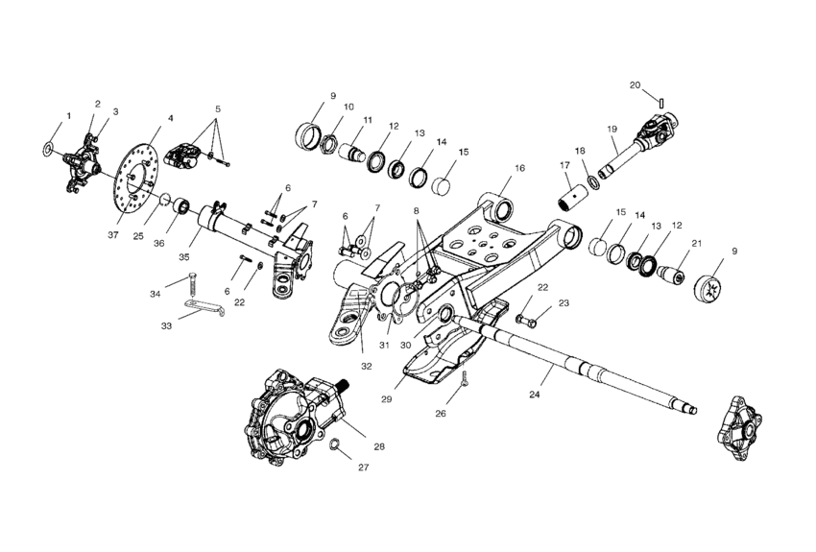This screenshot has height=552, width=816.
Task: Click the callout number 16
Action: (519, 168)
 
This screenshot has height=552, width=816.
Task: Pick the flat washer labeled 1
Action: (48, 150)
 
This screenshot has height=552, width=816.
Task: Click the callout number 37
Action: (113, 234)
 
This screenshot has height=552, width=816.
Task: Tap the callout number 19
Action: (611, 129)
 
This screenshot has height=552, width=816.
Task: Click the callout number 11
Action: (367, 121)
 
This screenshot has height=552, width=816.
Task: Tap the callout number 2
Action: (98, 104)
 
